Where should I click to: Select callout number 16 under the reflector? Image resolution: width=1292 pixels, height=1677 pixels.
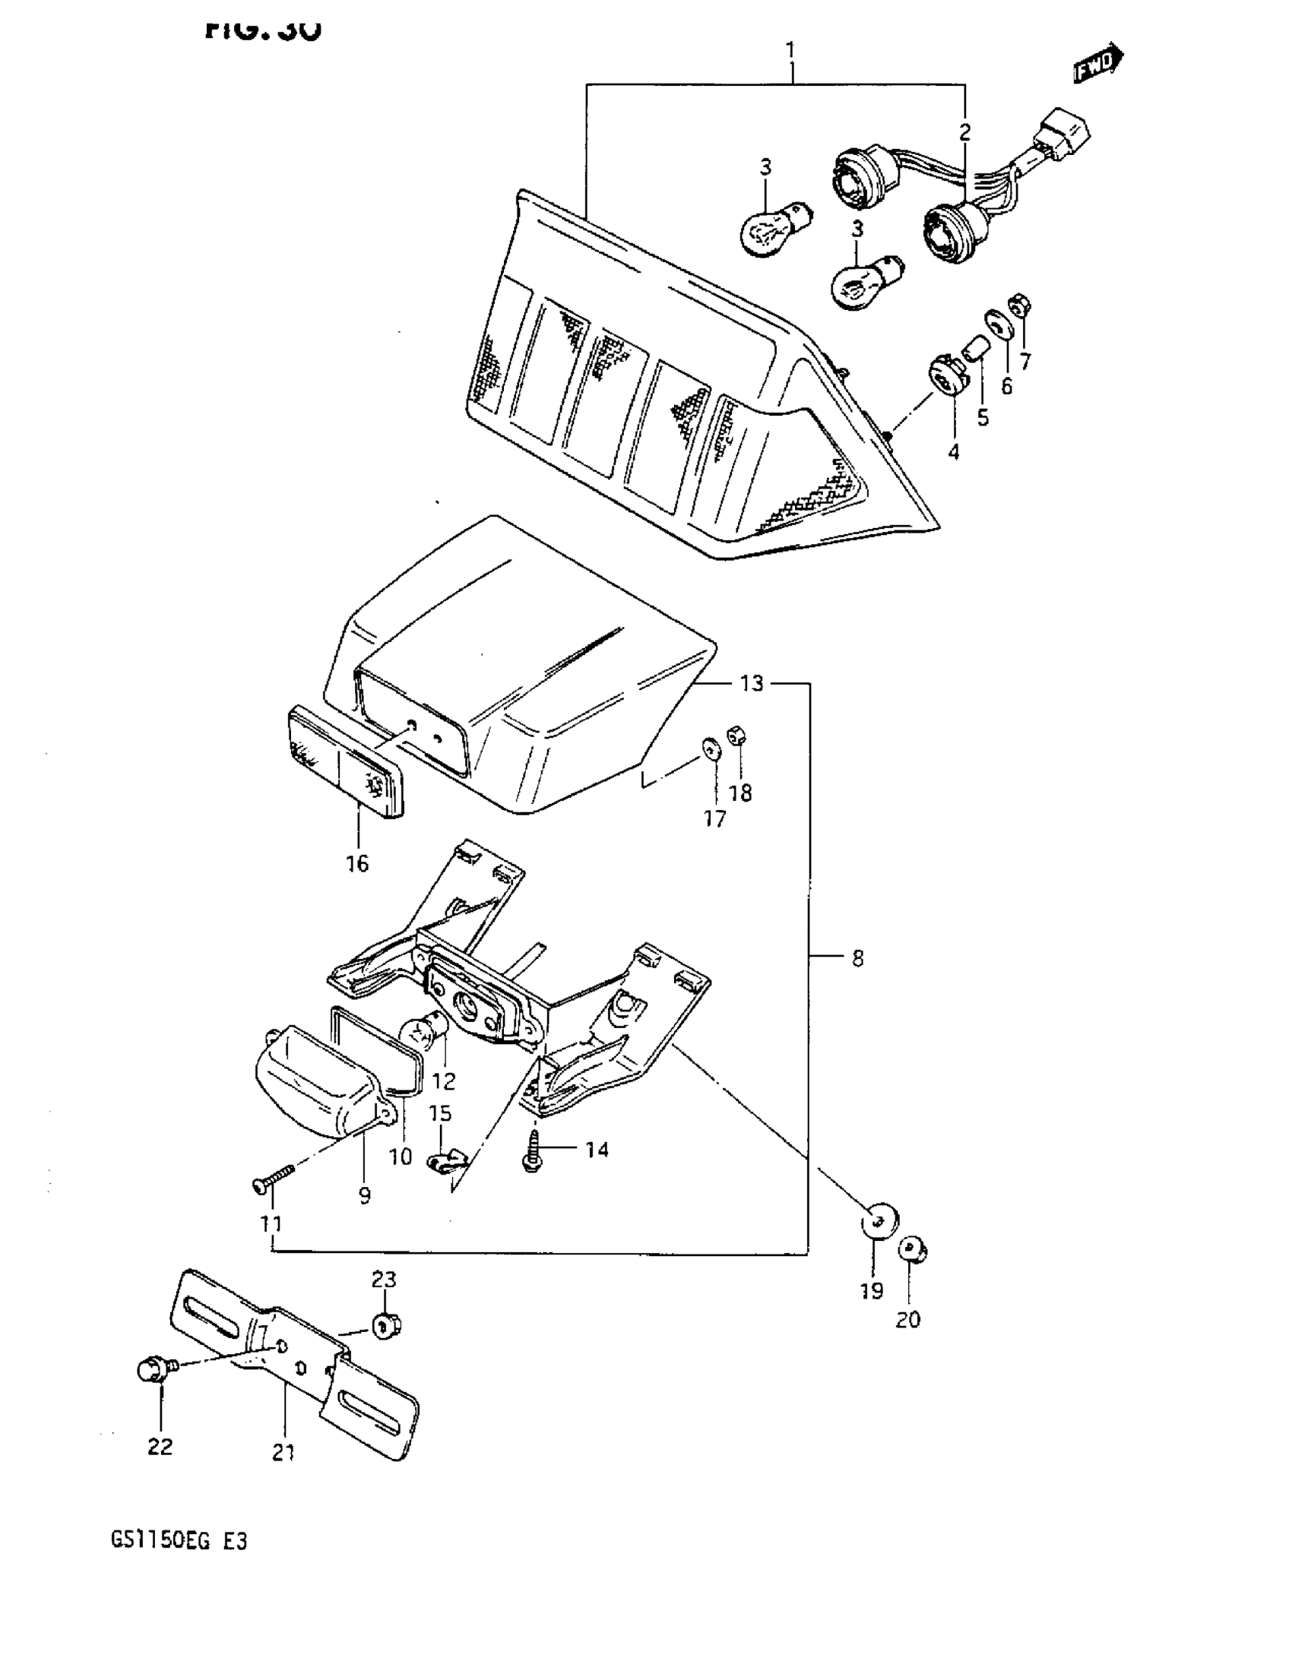pyautogui.click(x=357, y=863)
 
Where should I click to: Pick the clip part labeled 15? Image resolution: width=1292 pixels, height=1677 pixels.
pyautogui.click(x=445, y=1166)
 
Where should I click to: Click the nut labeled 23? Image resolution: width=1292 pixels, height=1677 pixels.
pyautogui.click(x=386, y=1324)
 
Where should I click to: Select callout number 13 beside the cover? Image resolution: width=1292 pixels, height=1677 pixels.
pyautogui.click(x=752, y=682)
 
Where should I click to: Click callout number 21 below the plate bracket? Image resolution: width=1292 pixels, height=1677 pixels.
pyautogui.click(x=283, y=1453)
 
